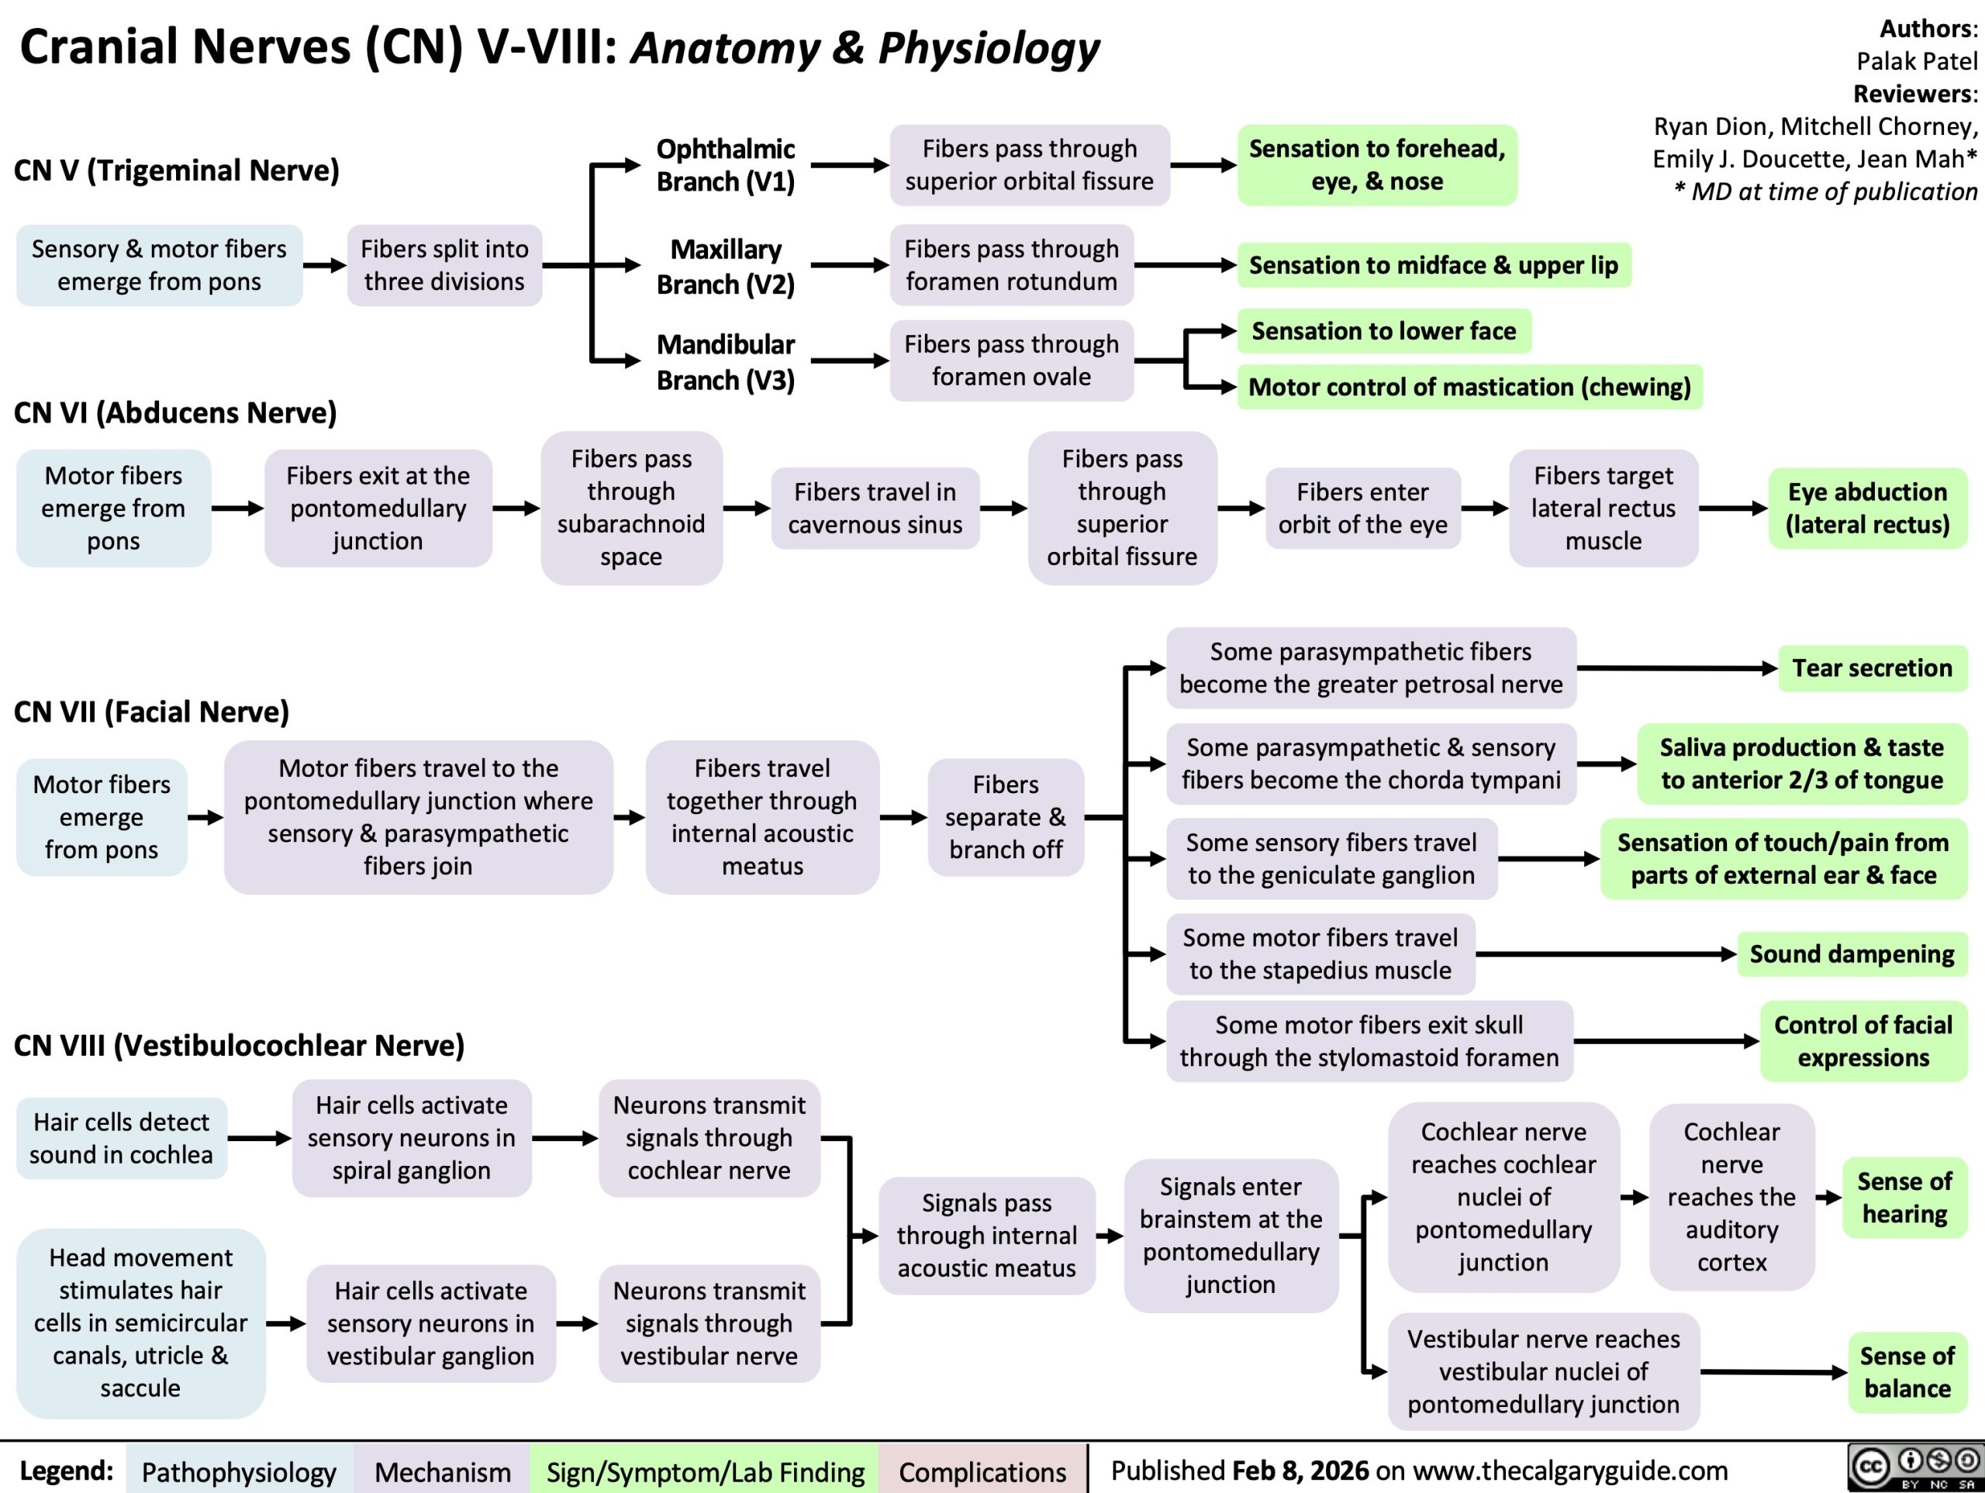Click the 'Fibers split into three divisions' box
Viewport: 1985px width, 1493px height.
[444, 266]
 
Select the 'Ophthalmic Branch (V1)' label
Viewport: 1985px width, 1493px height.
[725, 165]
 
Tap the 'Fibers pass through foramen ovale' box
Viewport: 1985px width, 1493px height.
[1011, 360]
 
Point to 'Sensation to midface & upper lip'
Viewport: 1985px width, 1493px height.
[1433, 266]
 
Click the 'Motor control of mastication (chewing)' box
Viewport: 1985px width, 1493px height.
[1469, 388]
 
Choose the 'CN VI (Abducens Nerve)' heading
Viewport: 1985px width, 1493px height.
[176, 412]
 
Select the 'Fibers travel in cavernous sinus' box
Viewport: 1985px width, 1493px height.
[875, 508]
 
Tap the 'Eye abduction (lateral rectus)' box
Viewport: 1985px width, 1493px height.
[1867, 508]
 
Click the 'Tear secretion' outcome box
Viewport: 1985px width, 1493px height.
[1872, 668]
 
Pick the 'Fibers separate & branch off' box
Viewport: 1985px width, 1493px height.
[1006, 817]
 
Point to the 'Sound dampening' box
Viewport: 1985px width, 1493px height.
[1852, 953]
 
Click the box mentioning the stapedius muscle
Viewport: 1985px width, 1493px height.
[1320, 953]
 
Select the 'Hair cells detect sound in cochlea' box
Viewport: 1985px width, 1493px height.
[121, 1138]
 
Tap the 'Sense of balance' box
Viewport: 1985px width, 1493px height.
[1906, 1372]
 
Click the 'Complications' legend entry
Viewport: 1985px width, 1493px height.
[982, 1472]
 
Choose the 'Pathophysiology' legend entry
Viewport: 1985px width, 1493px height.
[239, 1472]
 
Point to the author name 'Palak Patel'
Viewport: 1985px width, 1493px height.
[1917, 61]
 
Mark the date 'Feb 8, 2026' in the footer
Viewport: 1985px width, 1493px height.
[1300, 1471]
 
